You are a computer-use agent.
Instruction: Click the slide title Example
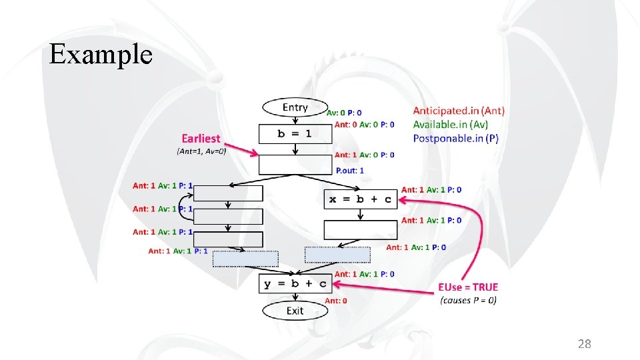[101, 54]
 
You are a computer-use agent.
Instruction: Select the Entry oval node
[295, 107]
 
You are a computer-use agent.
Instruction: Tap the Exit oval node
[295, 311]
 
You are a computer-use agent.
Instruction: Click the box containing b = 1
[295, 134]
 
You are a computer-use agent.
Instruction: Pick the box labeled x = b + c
[361, 199]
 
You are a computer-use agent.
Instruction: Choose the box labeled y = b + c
[295, 284]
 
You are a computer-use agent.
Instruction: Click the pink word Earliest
[201, 139]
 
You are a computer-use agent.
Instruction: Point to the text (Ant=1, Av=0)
[201, 151]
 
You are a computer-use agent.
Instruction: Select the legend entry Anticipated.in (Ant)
[459, 111]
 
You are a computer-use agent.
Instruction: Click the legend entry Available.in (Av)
[450, 124]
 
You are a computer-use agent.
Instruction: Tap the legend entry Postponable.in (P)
[455, 138]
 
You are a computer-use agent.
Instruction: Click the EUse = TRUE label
[467, 287]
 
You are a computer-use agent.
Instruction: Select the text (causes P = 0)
[467, 300]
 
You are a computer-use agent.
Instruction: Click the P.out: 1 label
[349, 171]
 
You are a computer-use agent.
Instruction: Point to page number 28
[584, 344]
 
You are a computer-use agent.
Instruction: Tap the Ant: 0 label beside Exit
[335, 301]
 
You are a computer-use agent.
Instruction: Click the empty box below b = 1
[295, 165]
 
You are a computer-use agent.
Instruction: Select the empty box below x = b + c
[361, 230]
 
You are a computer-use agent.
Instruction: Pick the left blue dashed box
[245, 259]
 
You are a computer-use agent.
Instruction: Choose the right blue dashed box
[337, 255]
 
